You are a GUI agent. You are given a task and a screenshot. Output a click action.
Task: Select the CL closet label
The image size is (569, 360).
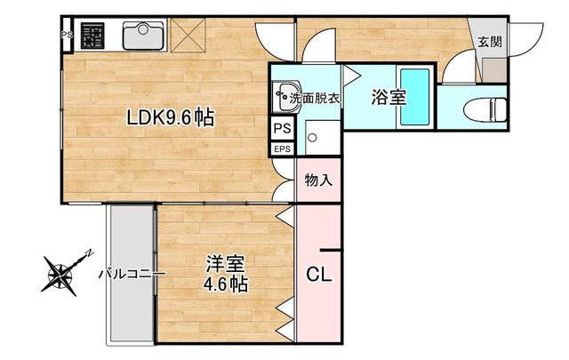pyautogui.click(x=319, y=275)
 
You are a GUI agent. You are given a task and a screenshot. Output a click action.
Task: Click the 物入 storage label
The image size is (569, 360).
pyautogui.click(x=318, y=180)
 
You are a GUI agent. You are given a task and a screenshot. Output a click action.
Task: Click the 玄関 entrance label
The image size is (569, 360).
pyautogui.click(x=488, y=41)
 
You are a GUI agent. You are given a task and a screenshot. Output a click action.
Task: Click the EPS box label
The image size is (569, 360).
pyautogui.click(x=282, y=148)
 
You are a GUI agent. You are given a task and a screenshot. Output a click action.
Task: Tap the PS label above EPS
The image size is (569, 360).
pyautogui.click(x=281, y=128)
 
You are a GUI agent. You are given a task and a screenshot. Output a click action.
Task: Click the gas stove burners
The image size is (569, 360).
pyautogui.click(x=92, y=37)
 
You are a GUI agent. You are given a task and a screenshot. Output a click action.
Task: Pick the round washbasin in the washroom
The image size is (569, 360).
pyautogui.click(x=284, y=92)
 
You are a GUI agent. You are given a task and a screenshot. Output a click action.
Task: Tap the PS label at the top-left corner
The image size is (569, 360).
pyautogui.click(x=66, y=36)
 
